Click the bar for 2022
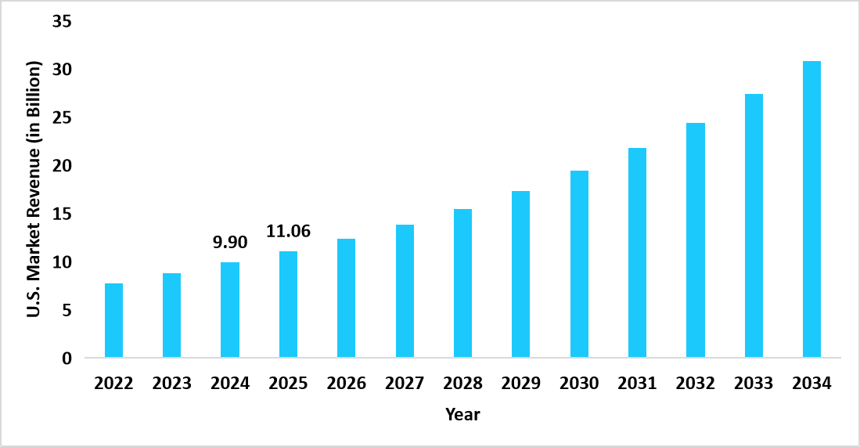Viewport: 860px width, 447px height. pos(113,321)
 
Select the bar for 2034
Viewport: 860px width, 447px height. pos(811,210)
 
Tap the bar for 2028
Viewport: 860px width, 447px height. pos(462,283)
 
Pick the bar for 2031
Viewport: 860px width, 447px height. pos(637,253)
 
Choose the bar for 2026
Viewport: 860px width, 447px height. pos(346,298)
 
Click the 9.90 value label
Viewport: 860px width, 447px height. pos(230,243)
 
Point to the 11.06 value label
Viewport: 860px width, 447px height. pos(288,231)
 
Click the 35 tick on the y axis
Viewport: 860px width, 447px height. pos(62,22)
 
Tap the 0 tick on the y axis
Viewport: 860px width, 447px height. pos(67,359)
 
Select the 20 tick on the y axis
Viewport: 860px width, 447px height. pos(62,166)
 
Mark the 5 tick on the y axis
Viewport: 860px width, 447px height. pos(67,311)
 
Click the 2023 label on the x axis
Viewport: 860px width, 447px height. pos(171,384)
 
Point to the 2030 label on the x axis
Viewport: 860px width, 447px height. pos(579,384)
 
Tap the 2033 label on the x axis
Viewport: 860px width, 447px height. pos(754,384)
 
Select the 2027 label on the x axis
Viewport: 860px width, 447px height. pos(405,384)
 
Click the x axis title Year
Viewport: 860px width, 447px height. pos(462,415)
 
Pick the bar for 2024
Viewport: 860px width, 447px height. pos(230,310)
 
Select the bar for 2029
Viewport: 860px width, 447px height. pos(520,275)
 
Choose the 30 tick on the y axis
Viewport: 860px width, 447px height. pos(62,70)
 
